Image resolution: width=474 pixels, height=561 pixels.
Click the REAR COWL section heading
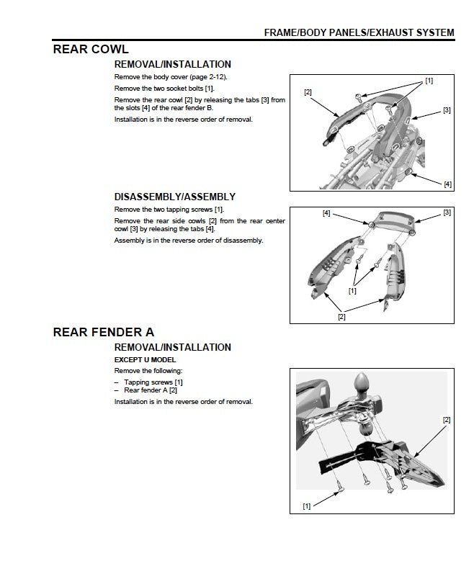pyautogui.click(x=91, y=50)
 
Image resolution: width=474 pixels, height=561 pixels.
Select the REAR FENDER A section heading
pyautogui.click(x=104, y=332)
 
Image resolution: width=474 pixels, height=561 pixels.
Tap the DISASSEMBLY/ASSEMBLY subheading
pyautogui.click(x=175, y=197)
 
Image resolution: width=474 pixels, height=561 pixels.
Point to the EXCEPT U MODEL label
pyautogui.click(x=145, y=359)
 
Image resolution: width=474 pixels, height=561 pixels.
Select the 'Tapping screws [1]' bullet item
pyautogui.click(x=153, y=382)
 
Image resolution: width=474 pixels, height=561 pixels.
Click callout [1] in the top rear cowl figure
pyautogui.click(x=429, y=81)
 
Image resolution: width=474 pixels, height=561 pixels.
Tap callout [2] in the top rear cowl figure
pyautogui.click(x=308, y=92)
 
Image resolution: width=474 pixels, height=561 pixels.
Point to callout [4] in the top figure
pyautogui.click(x=447, y=184)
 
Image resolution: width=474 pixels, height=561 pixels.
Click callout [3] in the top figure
pyautogui.click(x=447, y=110)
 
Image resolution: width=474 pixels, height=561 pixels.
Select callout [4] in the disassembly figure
pyautogui.click(x=327, y=213)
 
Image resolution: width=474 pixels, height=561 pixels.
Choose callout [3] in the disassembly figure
pyautogui.click(x=447, y=212)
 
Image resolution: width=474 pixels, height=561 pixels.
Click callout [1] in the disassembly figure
pyautogui.click(x=352, y=292)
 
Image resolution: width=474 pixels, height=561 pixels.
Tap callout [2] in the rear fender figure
pyautogui.click(x=447, y=420)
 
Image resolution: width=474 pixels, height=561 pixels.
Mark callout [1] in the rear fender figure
pyautogui.click(x=306, y=506)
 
